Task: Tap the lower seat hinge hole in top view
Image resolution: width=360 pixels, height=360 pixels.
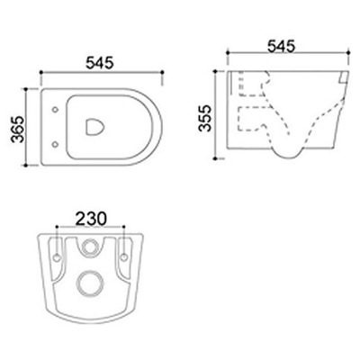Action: [58, 144]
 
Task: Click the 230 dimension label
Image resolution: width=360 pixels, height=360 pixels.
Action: [91, 218]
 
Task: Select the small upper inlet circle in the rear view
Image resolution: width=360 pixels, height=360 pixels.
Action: [91, 247]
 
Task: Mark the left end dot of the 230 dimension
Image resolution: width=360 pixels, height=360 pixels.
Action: [59, 229]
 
